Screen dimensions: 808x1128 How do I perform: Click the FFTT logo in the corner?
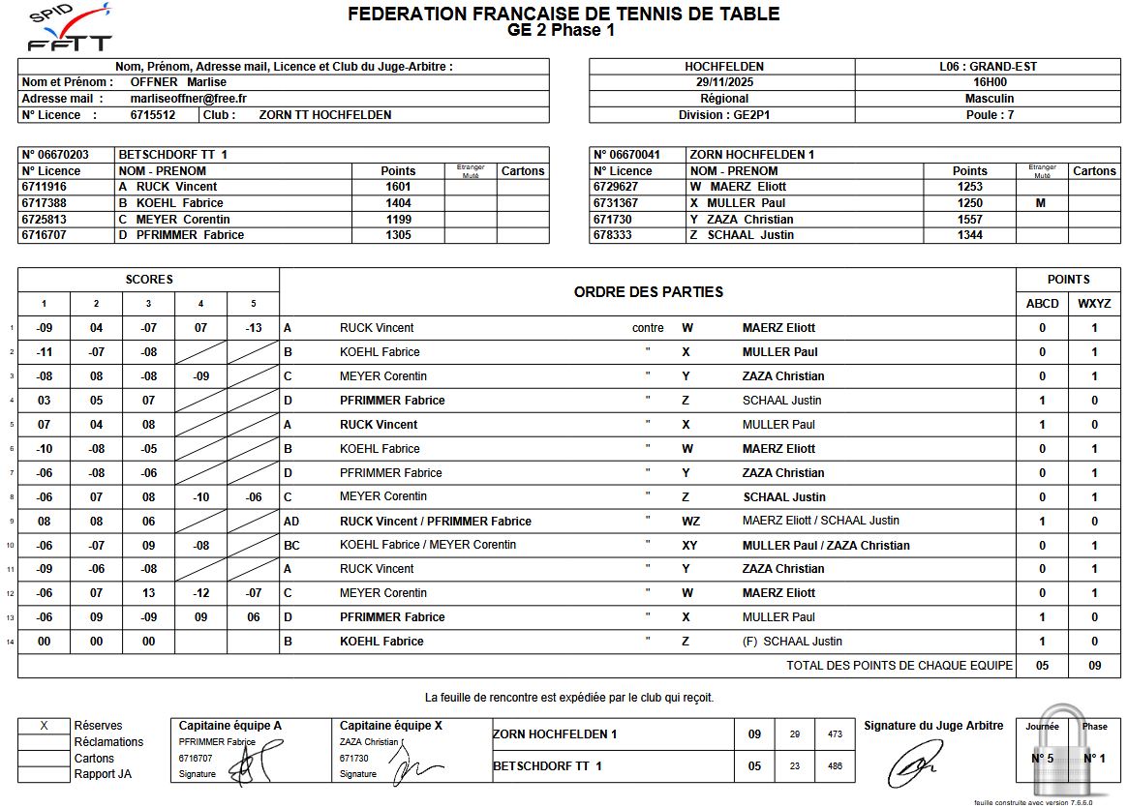(69, 29)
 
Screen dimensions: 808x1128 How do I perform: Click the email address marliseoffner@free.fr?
(188, 99)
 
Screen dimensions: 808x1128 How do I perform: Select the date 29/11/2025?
(723, 82)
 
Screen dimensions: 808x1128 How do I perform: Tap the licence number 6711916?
(45, 187)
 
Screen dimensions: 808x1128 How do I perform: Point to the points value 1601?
(398, 187)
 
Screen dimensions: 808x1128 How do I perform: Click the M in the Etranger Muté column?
(1041, 203)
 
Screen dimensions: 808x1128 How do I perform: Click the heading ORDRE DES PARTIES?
(648, 292)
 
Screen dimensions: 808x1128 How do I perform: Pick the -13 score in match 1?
(253, 328)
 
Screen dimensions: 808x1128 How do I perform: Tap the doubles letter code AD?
(291, 522)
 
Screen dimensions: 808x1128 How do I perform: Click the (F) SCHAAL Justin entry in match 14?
(792, 642)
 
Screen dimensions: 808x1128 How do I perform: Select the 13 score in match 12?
(148, 593)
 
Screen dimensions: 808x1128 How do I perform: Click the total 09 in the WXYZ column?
(1094, 666)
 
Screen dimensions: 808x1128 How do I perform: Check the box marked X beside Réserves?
(44, 726)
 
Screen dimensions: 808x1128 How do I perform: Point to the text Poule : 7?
(989, 115)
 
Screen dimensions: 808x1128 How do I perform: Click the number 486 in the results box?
(835, 766)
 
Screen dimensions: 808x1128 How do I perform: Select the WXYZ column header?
(1094, 304)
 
